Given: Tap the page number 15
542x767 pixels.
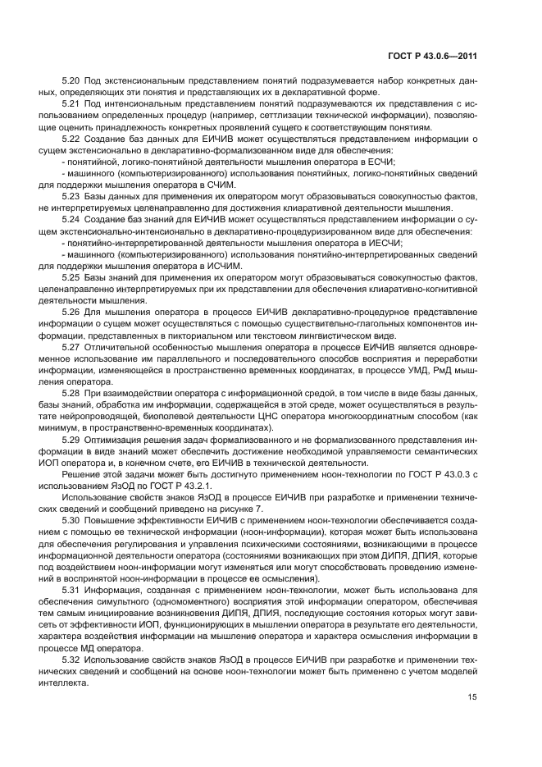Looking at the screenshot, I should (472, 697).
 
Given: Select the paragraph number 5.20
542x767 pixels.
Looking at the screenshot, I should (71, 83).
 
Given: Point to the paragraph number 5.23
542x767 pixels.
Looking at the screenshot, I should (71, 198).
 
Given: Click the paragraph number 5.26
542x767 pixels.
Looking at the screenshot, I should (71, 313).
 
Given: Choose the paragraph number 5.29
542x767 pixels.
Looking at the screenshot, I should (71, 441).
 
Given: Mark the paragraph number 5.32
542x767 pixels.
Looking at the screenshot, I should (71, 660).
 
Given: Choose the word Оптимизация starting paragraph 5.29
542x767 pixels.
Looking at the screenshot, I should (116, 441).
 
